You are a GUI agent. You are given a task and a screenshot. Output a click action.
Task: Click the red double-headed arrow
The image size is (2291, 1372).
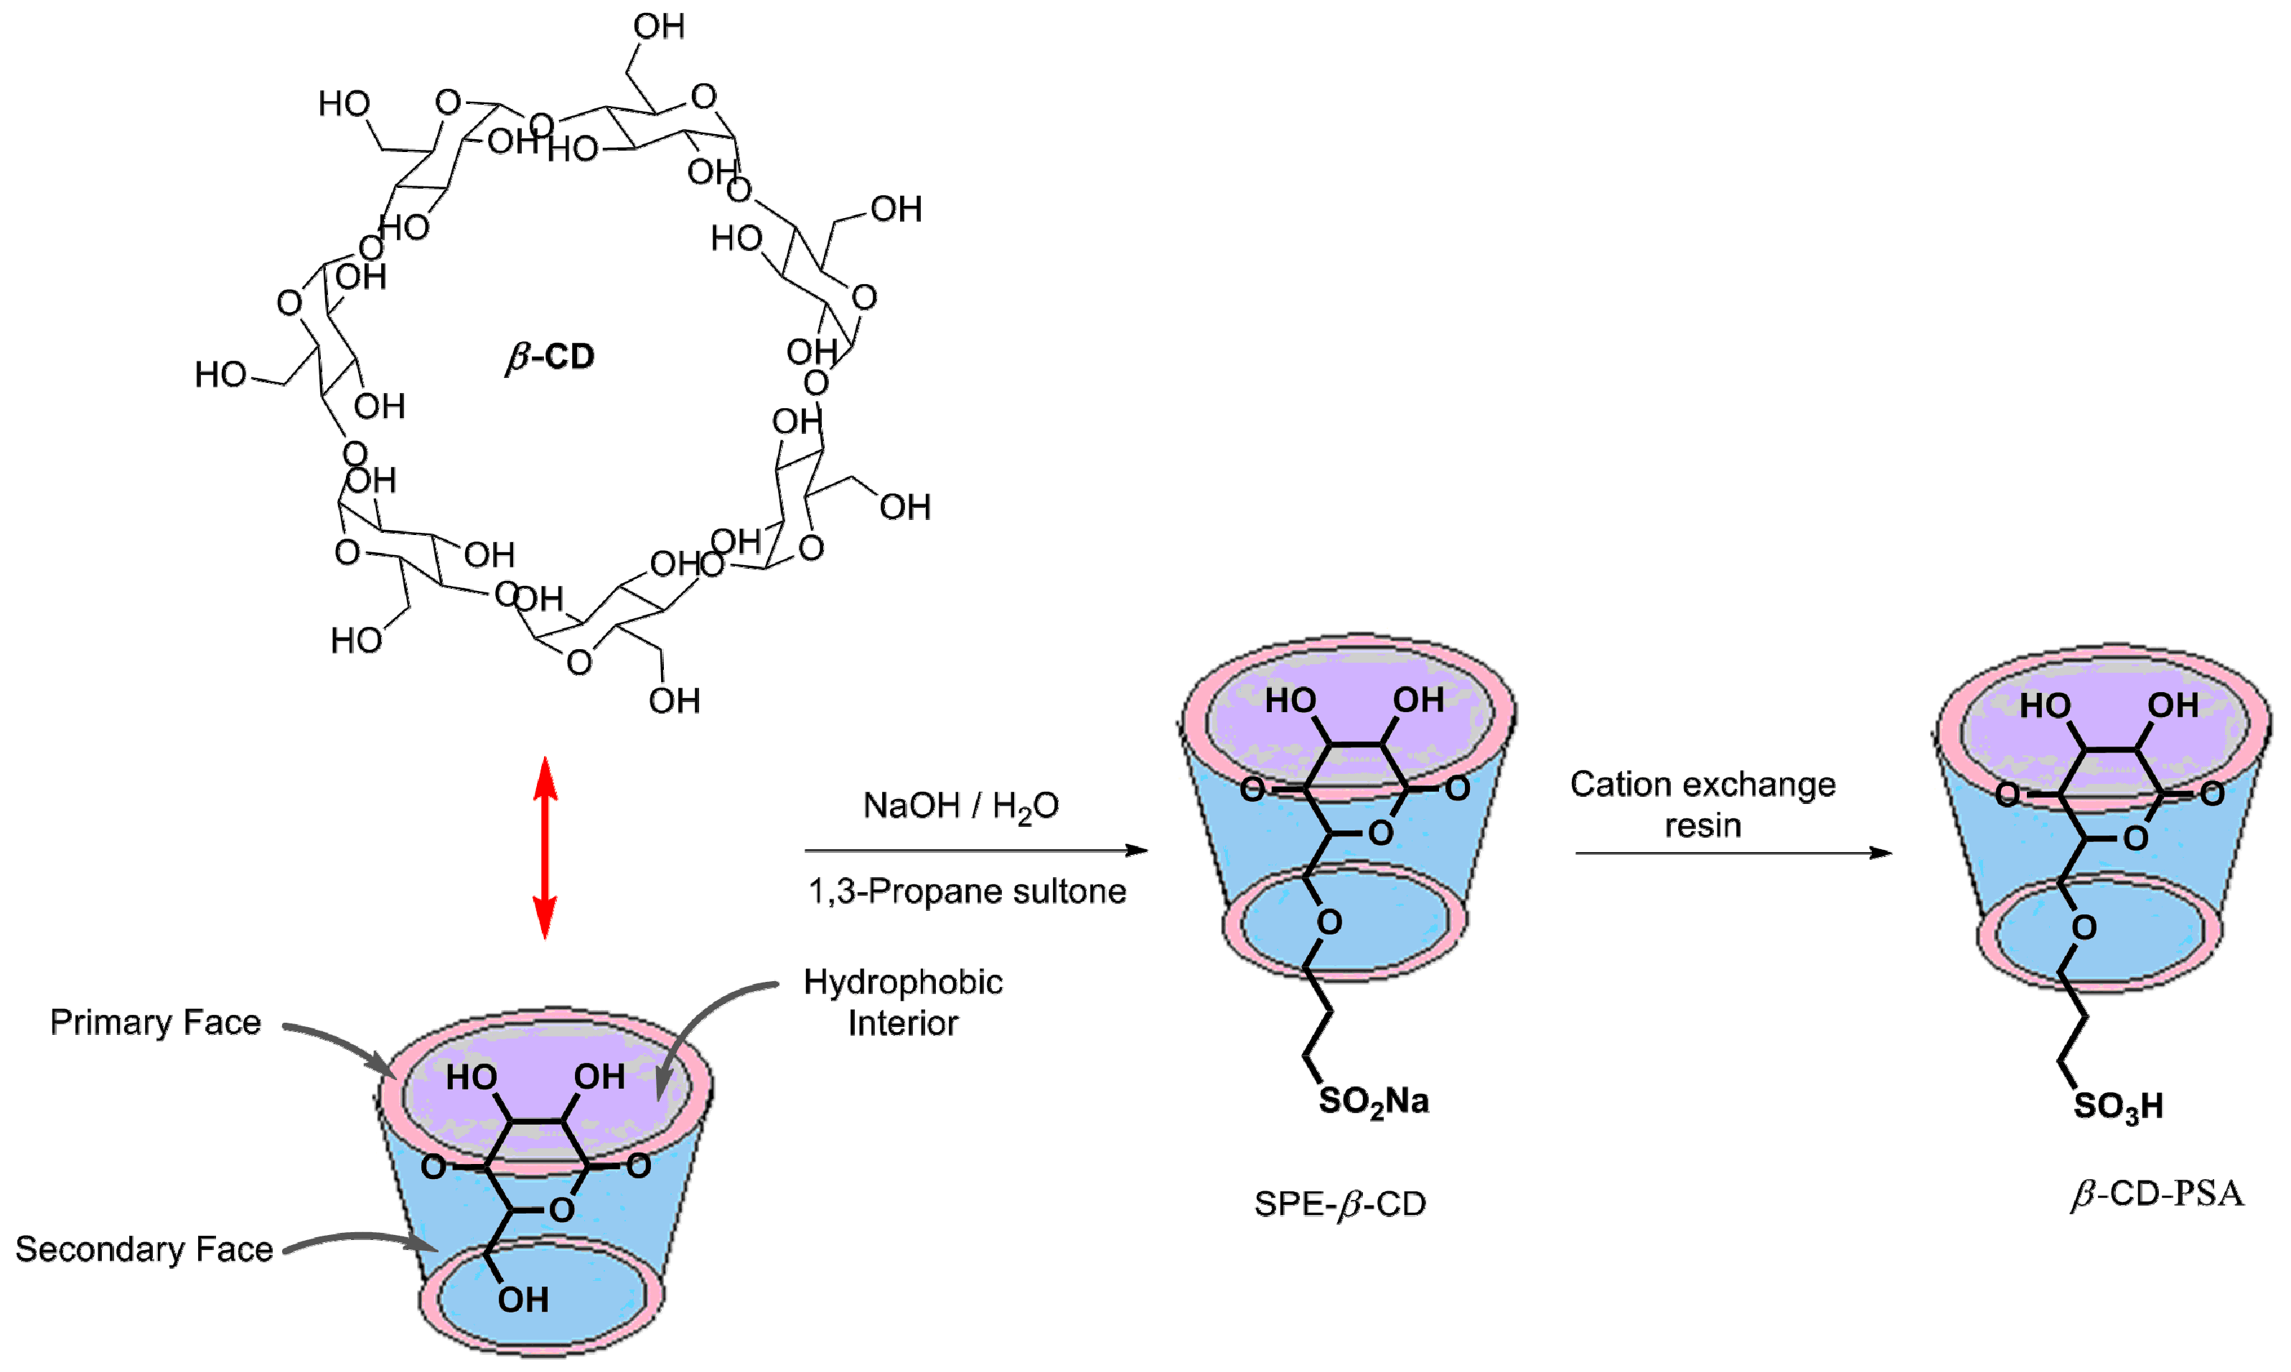545,848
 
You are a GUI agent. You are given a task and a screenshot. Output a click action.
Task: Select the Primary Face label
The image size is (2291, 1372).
155,1023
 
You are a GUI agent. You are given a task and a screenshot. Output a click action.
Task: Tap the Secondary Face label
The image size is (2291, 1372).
144,1249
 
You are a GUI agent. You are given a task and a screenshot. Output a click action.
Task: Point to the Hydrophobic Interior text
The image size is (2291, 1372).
903,1002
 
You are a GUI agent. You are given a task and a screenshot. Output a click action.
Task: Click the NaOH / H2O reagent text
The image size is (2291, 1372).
960,806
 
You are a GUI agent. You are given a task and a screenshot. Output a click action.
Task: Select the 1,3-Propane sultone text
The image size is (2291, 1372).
967,891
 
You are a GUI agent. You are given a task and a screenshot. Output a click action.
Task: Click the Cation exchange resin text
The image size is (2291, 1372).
1702,803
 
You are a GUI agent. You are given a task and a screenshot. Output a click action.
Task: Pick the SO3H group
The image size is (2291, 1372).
2118,1106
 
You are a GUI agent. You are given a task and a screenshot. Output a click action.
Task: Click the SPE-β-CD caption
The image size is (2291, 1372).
1339,1203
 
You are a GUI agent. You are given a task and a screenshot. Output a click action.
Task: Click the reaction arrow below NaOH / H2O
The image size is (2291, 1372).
976,851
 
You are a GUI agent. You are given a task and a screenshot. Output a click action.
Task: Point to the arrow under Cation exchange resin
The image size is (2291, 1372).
1733,853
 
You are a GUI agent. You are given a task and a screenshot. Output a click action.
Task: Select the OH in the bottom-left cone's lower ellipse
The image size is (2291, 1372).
523,1300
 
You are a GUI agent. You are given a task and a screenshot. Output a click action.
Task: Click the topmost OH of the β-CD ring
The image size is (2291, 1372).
659,27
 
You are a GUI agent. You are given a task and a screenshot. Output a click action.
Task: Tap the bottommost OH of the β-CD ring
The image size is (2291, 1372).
673,701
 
